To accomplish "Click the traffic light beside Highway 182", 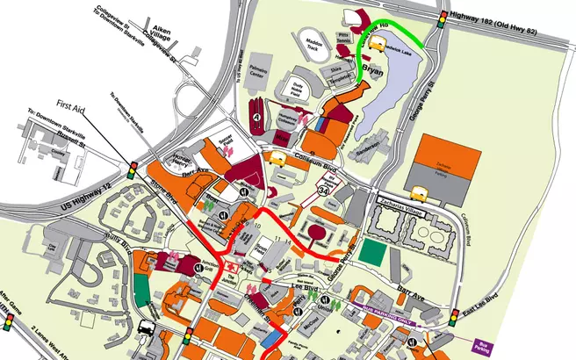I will [441, 20].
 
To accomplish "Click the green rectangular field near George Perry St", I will [373, 253].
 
